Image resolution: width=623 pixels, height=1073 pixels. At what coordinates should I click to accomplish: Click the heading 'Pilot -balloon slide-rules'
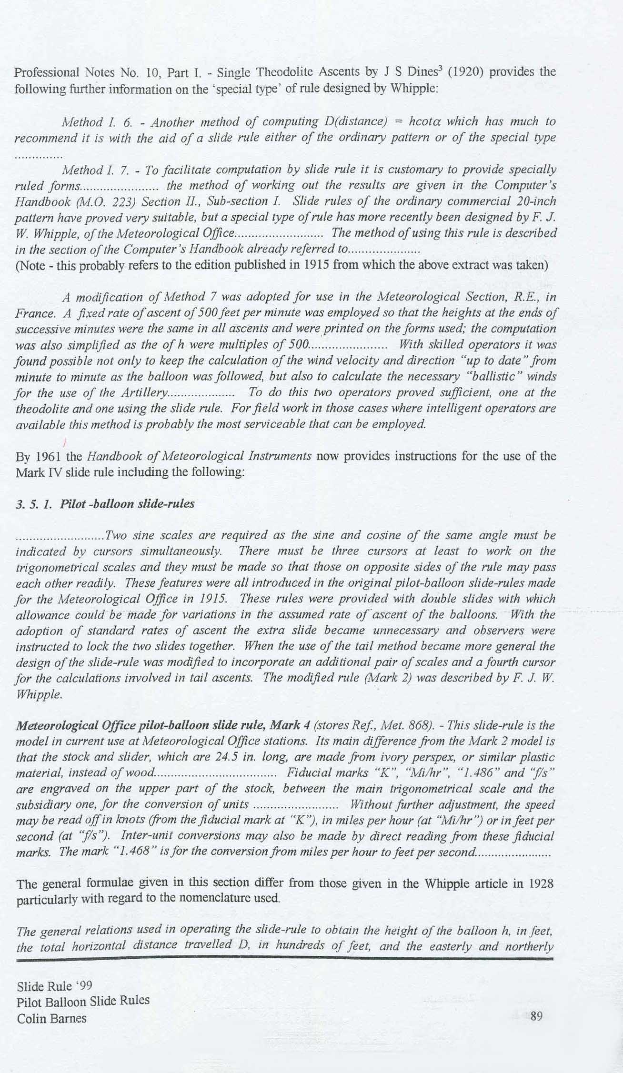tap(127, 504)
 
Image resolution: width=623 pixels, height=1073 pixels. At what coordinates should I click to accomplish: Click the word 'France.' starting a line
tap(33, 314)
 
